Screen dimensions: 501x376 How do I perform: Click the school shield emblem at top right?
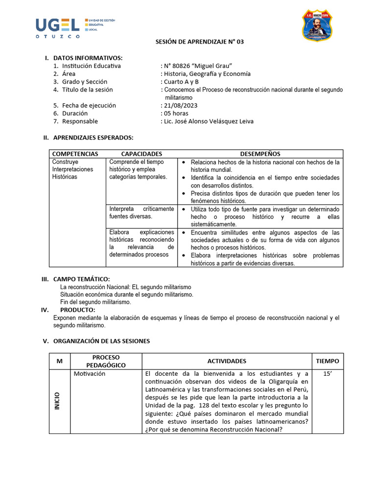pos(317,25)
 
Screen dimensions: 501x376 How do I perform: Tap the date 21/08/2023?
pos(181,105)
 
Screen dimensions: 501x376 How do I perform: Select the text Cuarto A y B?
pos(181,82)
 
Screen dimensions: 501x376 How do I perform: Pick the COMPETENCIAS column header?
pos(75,154)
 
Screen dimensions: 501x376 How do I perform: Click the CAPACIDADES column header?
pos(141,154)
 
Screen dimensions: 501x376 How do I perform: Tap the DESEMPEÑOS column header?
pos(260,154)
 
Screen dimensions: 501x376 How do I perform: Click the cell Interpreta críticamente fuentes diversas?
pos(141,212)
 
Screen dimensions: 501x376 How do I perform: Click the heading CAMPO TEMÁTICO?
pos(85,279)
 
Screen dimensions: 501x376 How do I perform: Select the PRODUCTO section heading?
pos(77,310)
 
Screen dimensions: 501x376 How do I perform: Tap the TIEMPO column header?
pos(327,361)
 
